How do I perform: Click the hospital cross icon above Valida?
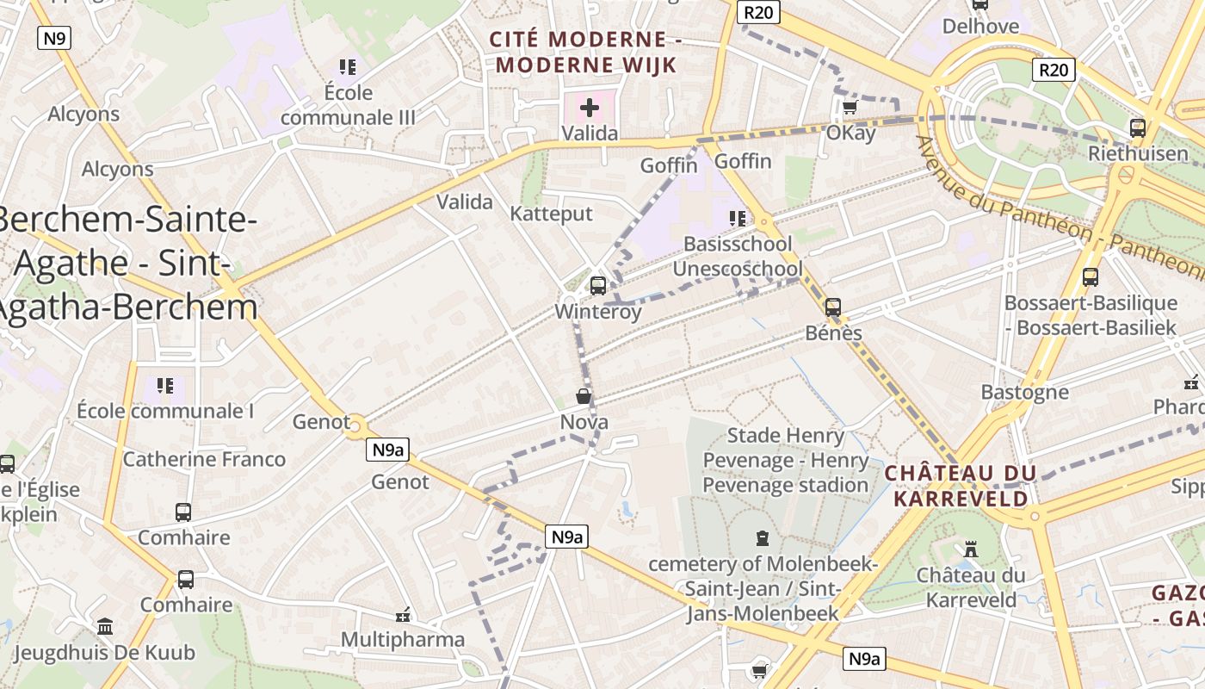click(590, 108)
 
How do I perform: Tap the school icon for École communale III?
click(348, 66)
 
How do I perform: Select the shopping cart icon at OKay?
click(850, 108)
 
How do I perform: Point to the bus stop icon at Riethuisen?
click(1138, 128)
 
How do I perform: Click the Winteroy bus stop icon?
click(598, 285)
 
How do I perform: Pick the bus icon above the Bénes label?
click(832, 307)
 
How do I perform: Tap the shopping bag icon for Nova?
click(584, 396)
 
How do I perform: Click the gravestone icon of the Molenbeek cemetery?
click(762, 539)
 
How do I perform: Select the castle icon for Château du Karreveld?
click(971, 549)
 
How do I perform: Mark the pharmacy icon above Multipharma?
click(402, 615)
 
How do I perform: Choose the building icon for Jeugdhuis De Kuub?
click(105, 626)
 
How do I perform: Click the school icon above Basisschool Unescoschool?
click(737, 218)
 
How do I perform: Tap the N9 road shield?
click(54, 38)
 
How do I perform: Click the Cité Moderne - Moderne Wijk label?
click(585, 52)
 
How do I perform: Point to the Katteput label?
click(552, 214)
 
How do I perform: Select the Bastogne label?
click(1025, 393)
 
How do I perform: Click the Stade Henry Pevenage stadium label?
click(786, 460)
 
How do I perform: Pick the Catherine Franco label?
click(204, 459)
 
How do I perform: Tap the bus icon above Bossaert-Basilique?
click(1090, 277)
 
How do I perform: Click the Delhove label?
click(980, 26)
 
